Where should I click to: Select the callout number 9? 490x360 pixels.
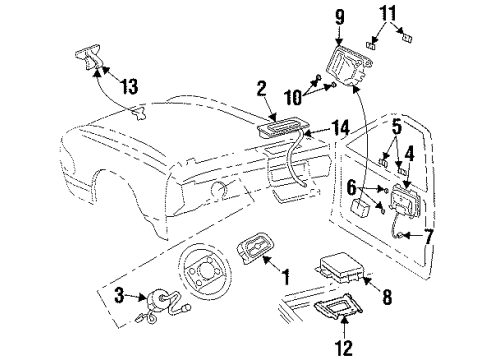368,16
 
